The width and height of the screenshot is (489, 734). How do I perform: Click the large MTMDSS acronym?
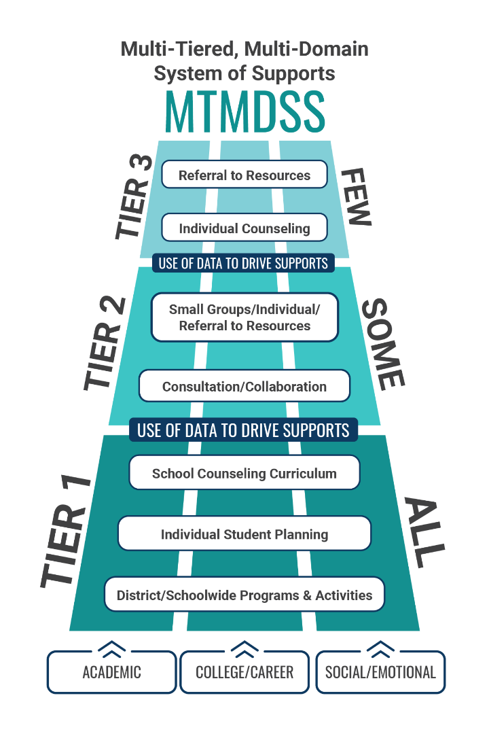click(x=244, y=111)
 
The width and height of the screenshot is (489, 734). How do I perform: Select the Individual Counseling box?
click(x=244, y=228)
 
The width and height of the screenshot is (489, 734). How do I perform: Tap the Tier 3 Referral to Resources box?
click(x=244, y=175)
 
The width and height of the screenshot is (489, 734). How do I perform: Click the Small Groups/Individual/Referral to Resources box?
click(x=244, y=317)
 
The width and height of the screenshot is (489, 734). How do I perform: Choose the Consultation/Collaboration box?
click(x=244, y=386)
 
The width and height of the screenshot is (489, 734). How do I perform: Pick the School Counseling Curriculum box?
click(x=244, y=473)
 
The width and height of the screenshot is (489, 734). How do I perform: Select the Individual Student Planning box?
click(x=244, y=534)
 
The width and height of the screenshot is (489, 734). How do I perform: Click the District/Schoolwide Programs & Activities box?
click(x=244, y=595)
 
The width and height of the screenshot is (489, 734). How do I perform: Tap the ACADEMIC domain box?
click(x=111, y=672)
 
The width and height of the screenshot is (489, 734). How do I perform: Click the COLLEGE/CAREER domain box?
click(x=244, y=672)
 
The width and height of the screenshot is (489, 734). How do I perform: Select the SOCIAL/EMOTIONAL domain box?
click(x=380, y=672)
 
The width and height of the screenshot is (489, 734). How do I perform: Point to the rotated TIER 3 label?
click(x=134, y=196)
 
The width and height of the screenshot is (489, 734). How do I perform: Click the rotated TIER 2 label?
click(x=105, y=343)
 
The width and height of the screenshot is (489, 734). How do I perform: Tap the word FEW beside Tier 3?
click(x=356, y=196)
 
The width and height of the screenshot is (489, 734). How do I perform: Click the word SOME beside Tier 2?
click(x=383, y=343)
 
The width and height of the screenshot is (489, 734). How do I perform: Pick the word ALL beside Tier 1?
click(x=424, y=532)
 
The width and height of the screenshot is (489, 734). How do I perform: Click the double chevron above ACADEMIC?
click(x=111, y=649)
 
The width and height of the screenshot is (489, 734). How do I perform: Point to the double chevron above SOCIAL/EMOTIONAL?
click(x=380, y=649)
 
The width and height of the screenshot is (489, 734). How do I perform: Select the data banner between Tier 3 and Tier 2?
click(x=243, y=263)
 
